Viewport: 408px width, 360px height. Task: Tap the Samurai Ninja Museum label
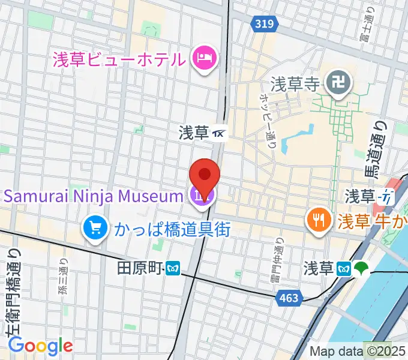tap(94, 196)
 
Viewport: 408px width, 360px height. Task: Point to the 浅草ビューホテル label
tap(118, 59)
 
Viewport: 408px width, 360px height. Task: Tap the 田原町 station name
tap(139, 268)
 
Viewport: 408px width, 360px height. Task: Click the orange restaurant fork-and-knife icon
tap(317, 220)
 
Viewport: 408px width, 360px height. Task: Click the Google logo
tap(40, 345)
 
